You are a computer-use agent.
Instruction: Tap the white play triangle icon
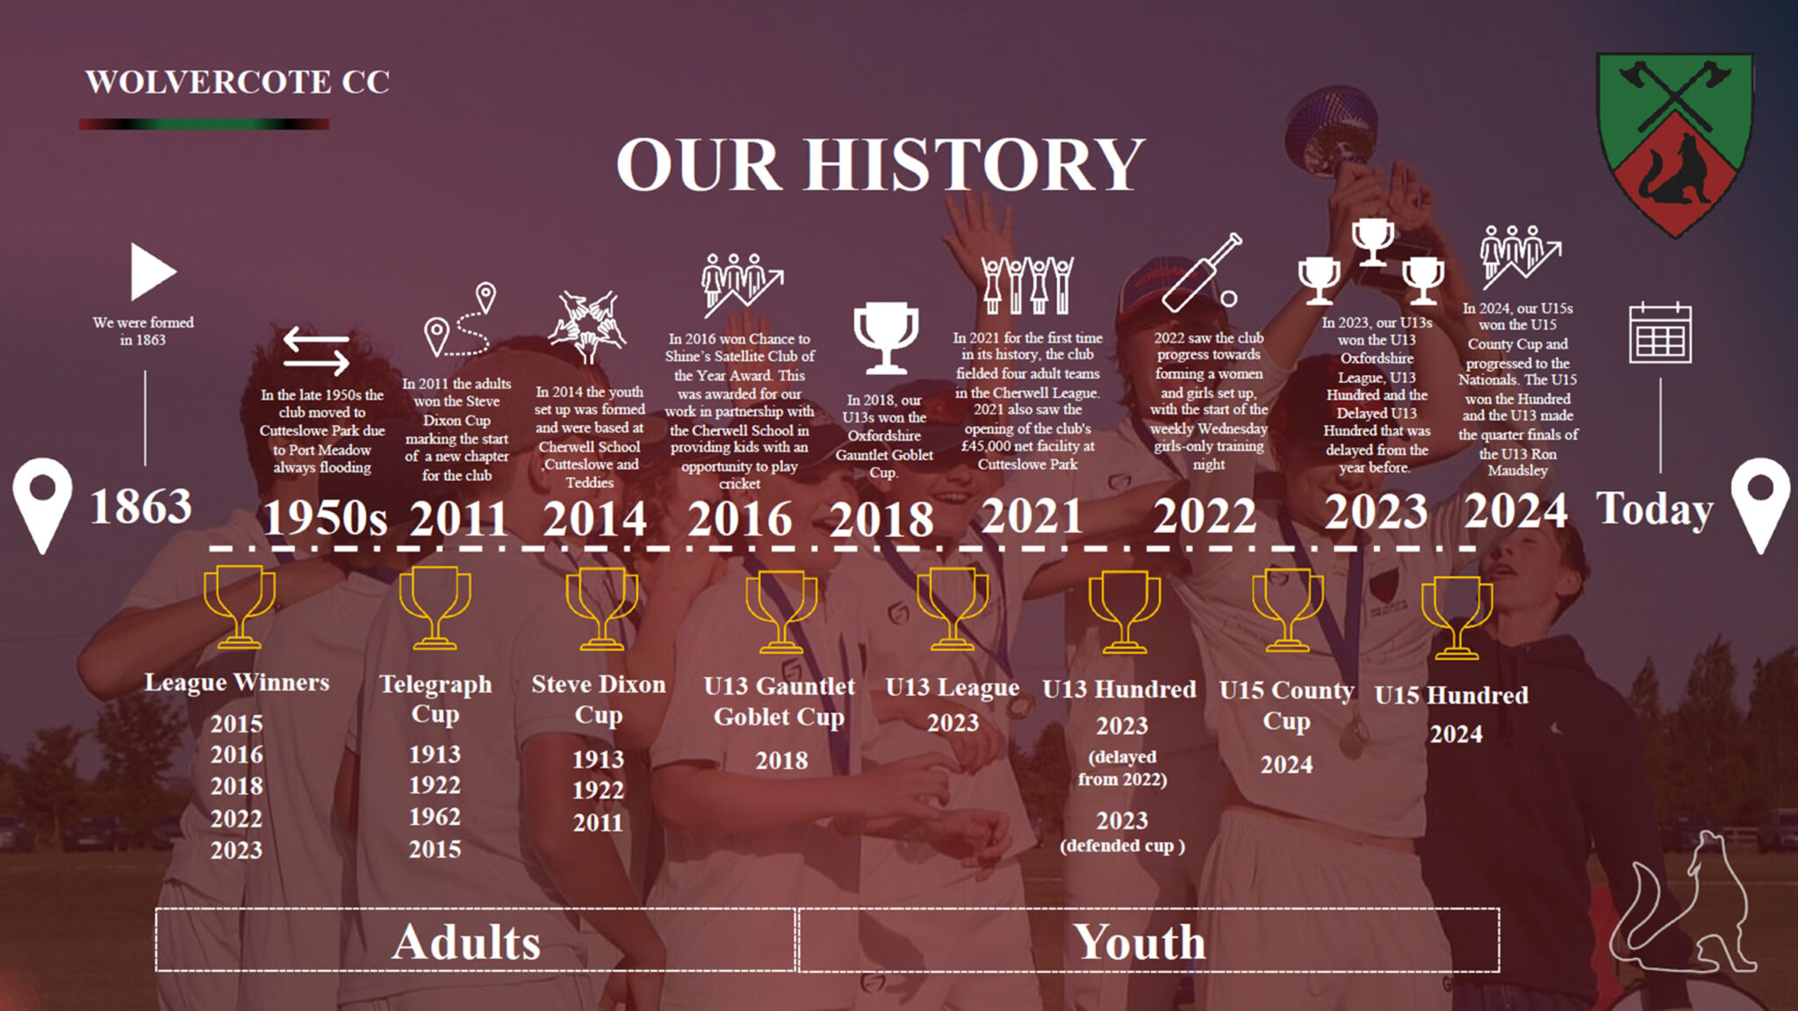pyautogui.click(x=153, y=271)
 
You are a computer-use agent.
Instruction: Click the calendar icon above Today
pyautogui.click(x=1660, y=333)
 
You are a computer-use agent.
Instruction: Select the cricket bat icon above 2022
pyautogui.click(x=1202, y=272)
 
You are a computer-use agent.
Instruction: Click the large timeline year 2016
pyautogui.click(x=739, y=518)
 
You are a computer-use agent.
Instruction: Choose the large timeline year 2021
pyautogui.click(x=1032, y=515)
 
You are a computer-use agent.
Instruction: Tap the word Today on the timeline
pyautogui.click(x=1655, y=509)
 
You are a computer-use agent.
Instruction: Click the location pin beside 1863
pyautogui.click(x=42, y=505)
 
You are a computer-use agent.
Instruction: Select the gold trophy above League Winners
pyautogui.click(x=239, y=607)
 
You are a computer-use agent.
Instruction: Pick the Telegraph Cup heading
pyautogui.click(x=435, y=698)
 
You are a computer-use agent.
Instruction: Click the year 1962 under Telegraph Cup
pyautogui.click(x=435, y=817)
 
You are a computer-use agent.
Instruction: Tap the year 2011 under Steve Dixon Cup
pyautogui.click(x=598, y=822)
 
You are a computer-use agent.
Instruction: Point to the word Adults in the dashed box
pyautogui.click(x=466, y=942)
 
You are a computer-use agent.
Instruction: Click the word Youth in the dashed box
pyautogui.click(x=1140, y=942)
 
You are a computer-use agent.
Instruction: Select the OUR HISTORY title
pyautogui.click(x=881, y=164)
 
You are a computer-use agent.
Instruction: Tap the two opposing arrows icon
pyautogui.click(x=316, y=350)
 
